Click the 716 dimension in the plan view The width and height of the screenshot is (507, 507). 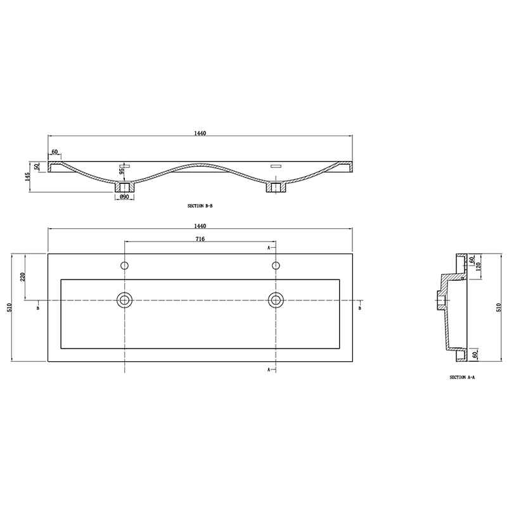click(200, 239)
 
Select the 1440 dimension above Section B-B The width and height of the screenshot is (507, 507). click(201, 133)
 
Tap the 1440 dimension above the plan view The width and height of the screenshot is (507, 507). click(201, 226)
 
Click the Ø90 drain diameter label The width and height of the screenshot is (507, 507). click(124, 197)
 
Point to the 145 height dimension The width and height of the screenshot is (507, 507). click(28, 176)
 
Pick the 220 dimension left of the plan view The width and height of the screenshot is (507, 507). click(23, 276)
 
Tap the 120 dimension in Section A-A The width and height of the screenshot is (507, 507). click(480, 266)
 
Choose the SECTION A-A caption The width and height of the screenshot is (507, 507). click(463, 376)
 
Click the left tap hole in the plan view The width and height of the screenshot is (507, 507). click(125, 265)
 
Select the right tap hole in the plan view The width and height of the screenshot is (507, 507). click(276, 265)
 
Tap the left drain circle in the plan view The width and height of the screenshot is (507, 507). click(125, 299)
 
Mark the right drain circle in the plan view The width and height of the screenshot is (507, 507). click(276, 299)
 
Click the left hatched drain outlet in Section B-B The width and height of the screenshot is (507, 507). click(125, 187)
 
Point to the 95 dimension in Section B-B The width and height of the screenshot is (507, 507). click(120, 169)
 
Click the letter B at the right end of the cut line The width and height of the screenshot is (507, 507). click(359, 308)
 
